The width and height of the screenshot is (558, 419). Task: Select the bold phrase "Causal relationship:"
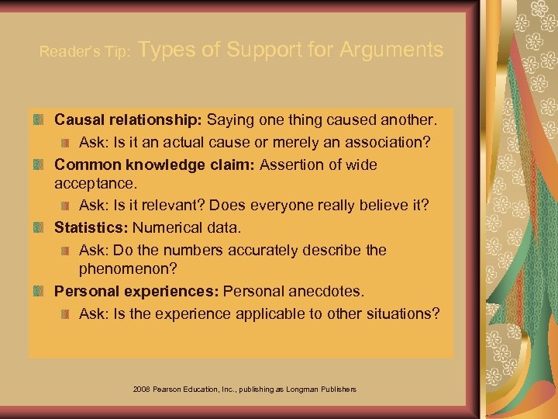point(128,122)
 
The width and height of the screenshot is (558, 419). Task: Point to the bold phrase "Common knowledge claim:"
point(155,164)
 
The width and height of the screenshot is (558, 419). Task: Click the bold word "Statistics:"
point(91,228)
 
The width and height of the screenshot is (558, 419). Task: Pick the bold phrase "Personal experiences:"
point(137,292)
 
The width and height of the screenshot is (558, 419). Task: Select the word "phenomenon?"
point(128,270)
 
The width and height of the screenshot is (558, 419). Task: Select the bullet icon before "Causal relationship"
point(40,122)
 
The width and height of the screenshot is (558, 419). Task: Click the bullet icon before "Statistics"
point(40,228)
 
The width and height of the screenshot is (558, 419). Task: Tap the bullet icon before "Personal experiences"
point(40,292)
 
